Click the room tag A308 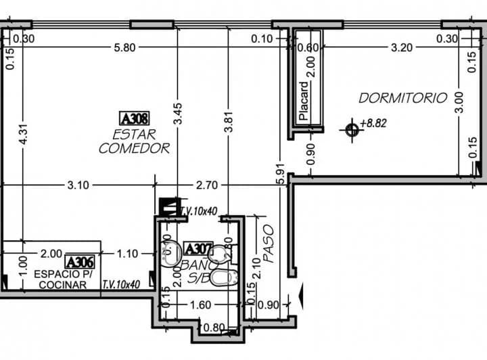[134, 117]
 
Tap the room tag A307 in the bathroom [199, 249]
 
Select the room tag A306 [79, 261]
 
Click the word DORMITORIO [402, 98]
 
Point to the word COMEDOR [134, 149]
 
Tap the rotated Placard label [304, 101]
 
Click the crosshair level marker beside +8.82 [351, 129]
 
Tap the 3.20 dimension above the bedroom [402, 48]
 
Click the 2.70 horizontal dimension [207, 184]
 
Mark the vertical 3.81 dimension [229, 126]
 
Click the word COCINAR [62, 285]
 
